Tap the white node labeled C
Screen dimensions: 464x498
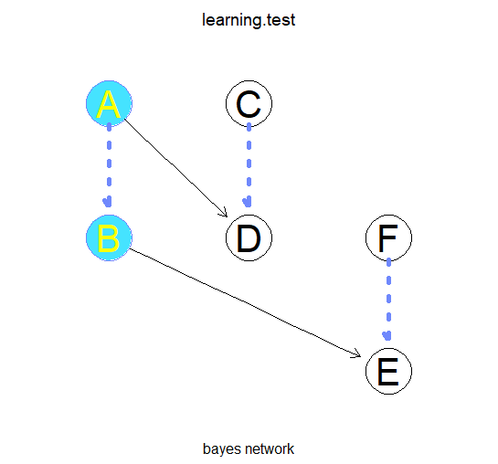(x=249, y=103)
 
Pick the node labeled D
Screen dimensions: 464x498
(x=249, y=237)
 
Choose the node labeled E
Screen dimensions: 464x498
(x=388, y=372)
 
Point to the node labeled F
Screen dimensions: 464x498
(x=388, y=237)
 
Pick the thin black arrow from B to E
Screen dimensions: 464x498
(x=247, y=301)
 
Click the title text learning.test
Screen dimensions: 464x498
(x=249, y=20)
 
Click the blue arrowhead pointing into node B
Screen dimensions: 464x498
(x=109, y=205)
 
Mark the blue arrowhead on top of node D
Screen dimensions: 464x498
(x=249, y=205)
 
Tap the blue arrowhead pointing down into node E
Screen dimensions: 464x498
(x=388, y=339)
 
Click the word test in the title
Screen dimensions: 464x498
(x=280, y=20)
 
